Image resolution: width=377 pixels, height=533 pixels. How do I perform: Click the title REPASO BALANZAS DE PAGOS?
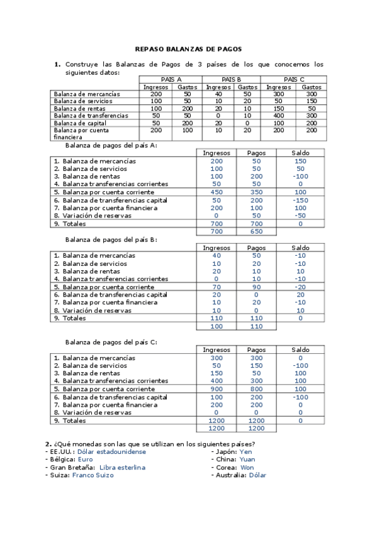pos(188,49)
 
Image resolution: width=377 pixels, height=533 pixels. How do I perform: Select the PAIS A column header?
pos(171,79)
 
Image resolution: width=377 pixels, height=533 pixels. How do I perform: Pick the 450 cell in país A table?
pos(216,192)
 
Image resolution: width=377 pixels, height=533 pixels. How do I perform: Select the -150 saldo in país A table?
pos(300,200)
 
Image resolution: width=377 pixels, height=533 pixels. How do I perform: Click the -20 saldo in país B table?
pos(300,287)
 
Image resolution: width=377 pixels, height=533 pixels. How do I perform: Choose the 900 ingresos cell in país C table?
pos(216,389)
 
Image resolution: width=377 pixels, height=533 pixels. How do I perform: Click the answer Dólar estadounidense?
pos(111,451)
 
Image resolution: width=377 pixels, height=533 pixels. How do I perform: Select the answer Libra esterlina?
pos(122,468)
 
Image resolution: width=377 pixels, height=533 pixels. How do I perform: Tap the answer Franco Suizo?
pos(93,475)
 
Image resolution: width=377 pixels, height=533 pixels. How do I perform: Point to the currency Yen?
pos(245,451)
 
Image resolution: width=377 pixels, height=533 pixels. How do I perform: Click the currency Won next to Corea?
pos(247,468)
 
